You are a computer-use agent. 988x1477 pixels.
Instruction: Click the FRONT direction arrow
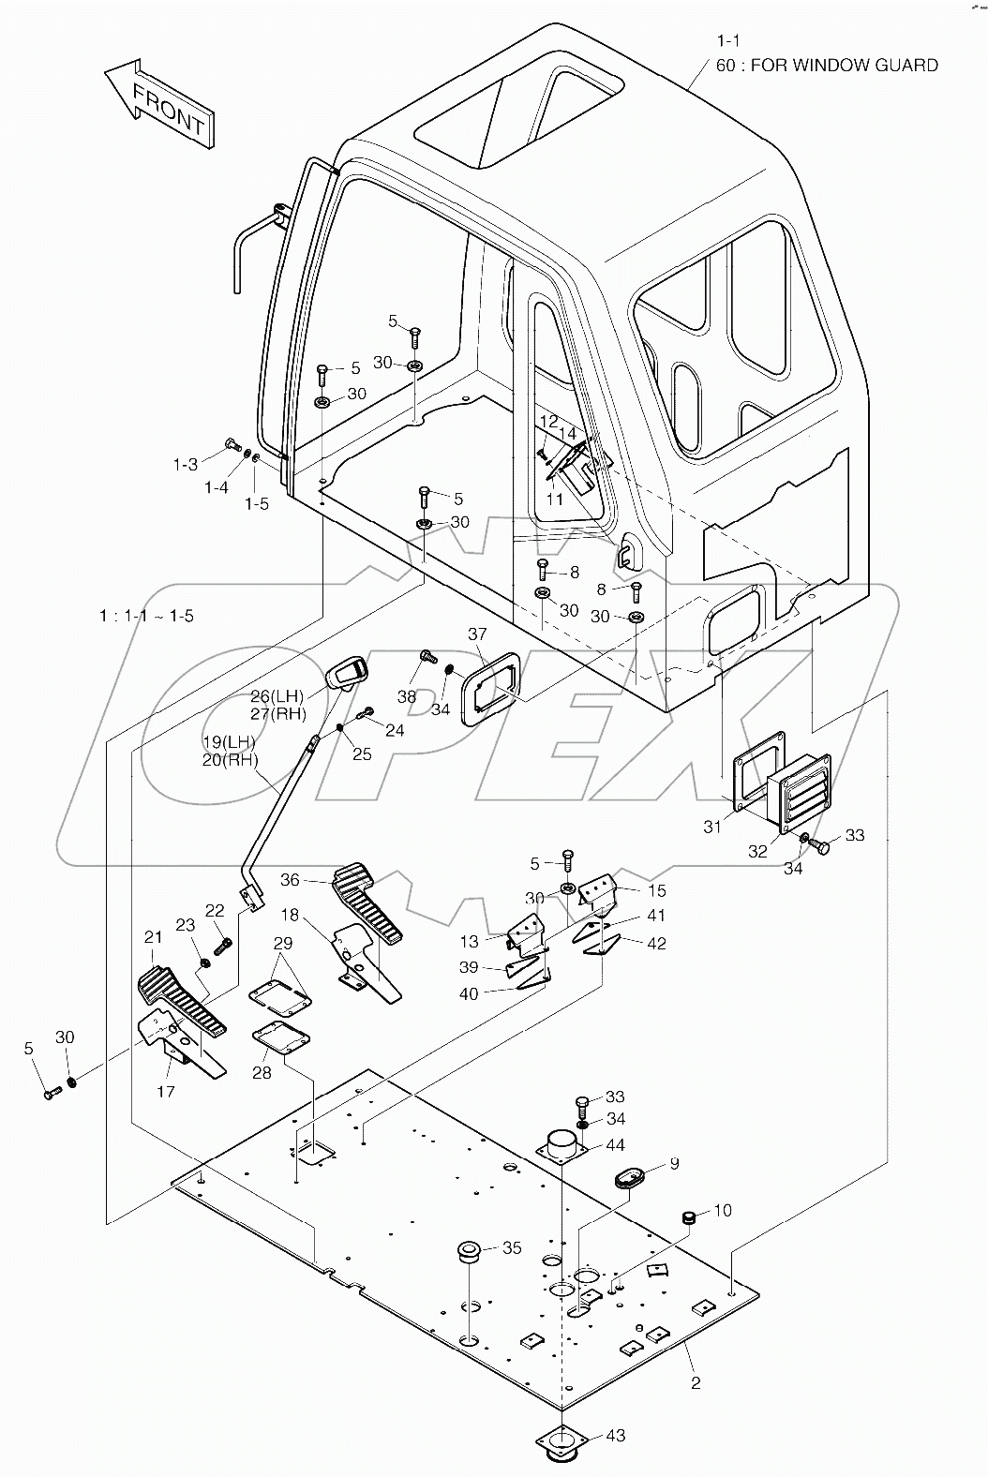click(x=158, y=103)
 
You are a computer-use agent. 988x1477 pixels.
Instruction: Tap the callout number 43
click(x=615, y=1436)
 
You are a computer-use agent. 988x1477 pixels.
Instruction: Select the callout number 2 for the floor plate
click(x=696, y=1382)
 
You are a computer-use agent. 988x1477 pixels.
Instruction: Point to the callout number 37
click(x=477, y=635)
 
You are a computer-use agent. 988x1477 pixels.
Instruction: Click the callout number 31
click(x=712, y=826)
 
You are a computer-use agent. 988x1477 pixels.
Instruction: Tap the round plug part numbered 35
click(x=468, y=1251)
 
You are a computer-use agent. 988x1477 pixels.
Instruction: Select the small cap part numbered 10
click(x=690, y=1217)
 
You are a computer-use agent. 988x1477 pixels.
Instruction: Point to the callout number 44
click(x=615, y=1145)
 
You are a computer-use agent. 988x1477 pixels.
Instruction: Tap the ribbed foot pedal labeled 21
click(x=183, y=1003)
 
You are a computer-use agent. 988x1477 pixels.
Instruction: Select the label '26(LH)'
click(x=277, y=695)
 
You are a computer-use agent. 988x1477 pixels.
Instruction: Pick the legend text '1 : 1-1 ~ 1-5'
click(x=147, y=616)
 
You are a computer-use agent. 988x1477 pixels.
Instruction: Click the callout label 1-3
click(x=185, y=464)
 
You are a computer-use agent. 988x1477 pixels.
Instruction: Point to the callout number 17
click(x=166, y=1092)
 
